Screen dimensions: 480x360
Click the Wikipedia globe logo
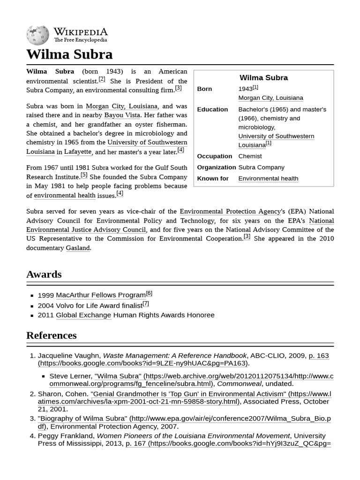(37, 34)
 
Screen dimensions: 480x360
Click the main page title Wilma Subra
(69, 54)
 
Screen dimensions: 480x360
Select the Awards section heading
(44, 274)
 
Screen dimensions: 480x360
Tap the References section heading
(51, 336)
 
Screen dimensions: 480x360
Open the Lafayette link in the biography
(77, 152)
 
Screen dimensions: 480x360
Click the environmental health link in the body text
(64, 195)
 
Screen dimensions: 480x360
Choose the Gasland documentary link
(77, 248)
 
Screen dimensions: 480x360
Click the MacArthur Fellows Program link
(100, 295)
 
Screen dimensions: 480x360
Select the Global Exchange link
(83, 315)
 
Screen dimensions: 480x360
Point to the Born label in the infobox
(204, 89)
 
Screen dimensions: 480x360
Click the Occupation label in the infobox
(214, 156)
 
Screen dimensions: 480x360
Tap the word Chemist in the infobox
(250, 156)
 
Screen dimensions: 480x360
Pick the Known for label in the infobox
(213, 179)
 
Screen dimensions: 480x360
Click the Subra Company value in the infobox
(261, 167)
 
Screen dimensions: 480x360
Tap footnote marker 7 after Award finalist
(146, 303)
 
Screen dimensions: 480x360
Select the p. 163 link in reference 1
(319, 356)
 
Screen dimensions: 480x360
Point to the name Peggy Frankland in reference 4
(65, 436)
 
